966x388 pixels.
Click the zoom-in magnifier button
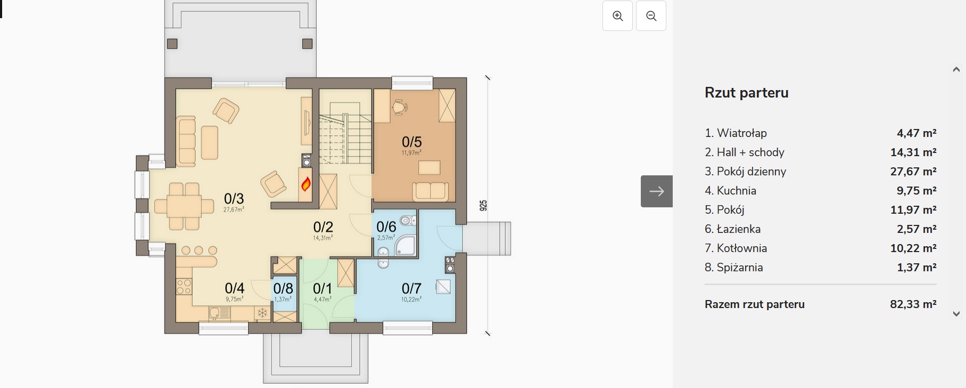click(617, 16)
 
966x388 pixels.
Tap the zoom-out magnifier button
click(651, 16)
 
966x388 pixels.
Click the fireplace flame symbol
click(306, 184)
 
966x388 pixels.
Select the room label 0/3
click(234, 199)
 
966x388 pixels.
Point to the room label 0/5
click(412, 142)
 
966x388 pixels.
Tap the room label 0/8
click(283, 288)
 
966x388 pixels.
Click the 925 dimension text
click(483, 205)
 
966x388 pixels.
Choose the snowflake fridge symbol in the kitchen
click(262, 313)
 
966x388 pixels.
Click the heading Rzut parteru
click(747, 93)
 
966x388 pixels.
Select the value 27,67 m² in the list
click(913, 171)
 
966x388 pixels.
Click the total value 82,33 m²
click(913, 304)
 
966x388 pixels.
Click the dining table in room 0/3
click(178, 206)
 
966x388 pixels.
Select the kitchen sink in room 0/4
click(219, 313)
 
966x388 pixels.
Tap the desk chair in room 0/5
click(399, 108)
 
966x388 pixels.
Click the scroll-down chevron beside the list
click(956, 314)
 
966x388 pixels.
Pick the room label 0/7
click(411, 288)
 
